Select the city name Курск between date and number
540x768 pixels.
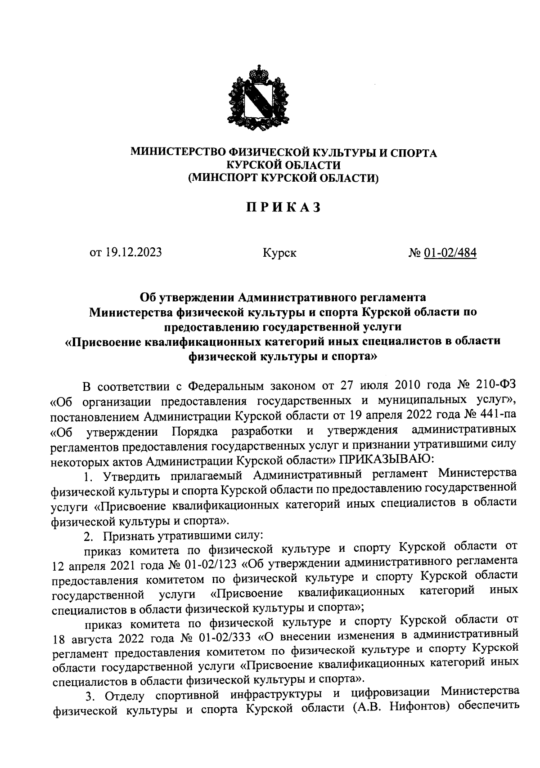click(x=280, y=254)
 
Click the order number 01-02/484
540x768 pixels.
click(x=450, y=253)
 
